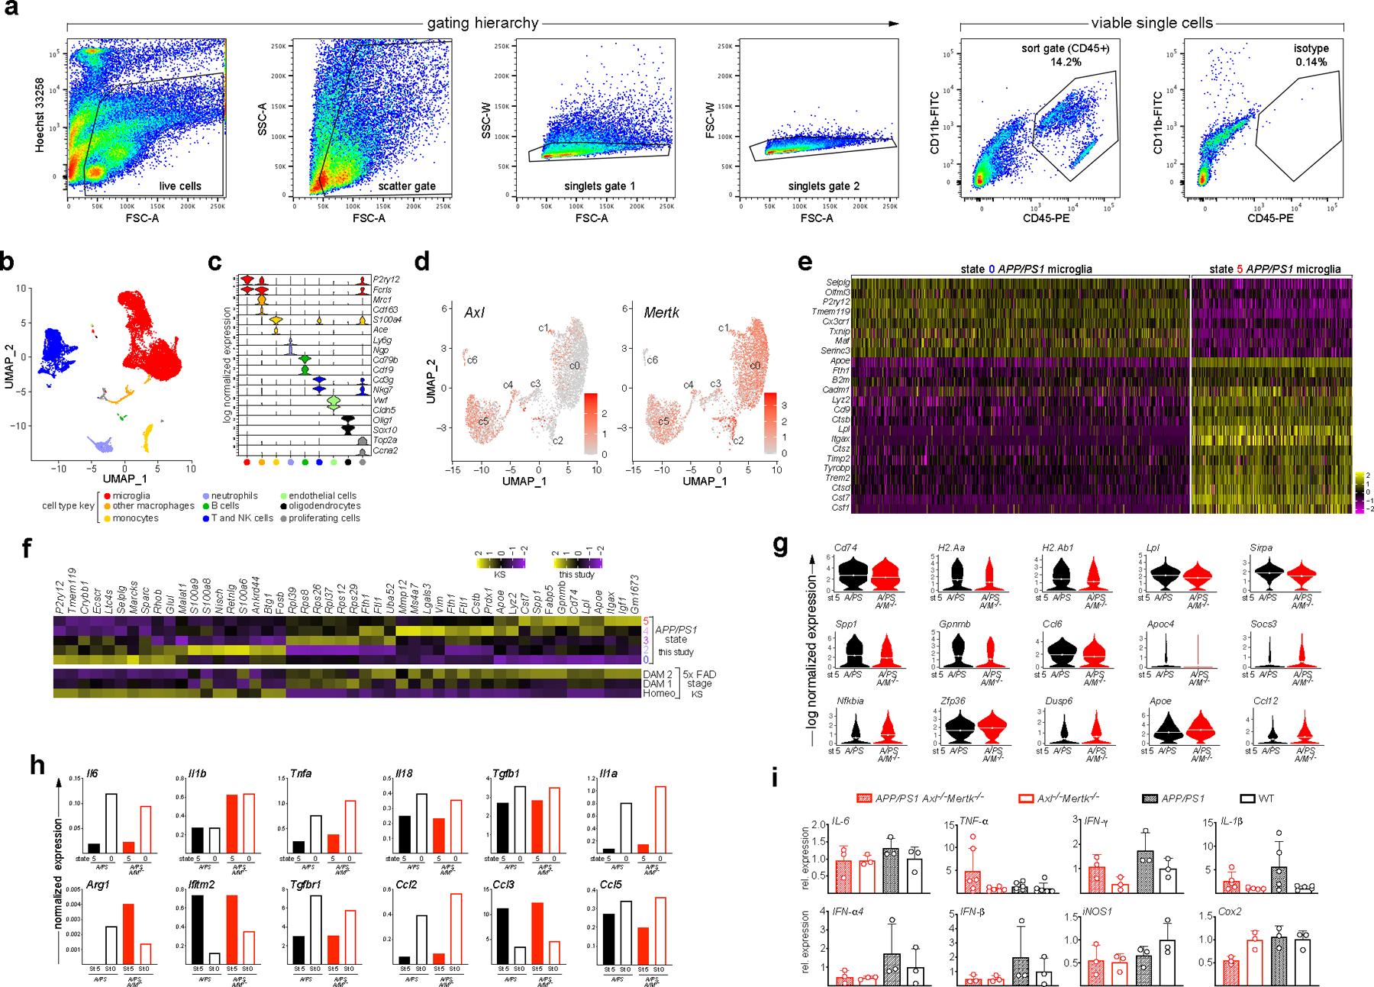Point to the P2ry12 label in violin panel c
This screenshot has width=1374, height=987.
click(387, 280)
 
